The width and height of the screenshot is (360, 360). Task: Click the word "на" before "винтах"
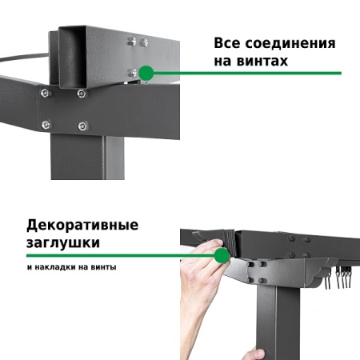pyautogui.click(x=224, y=62)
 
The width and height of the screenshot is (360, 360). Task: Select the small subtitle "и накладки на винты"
pyautogui.click(x=70, y=267)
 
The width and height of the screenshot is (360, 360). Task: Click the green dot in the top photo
pyautogui.click(x=146, y=73)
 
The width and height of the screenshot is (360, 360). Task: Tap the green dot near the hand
pyautogui.click(x=222, y=255)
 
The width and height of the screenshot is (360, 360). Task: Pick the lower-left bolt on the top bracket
pyautogui.click(x=46, y=124)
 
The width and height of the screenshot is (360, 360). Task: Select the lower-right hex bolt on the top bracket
pyautogui.click(x=82, y=125)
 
